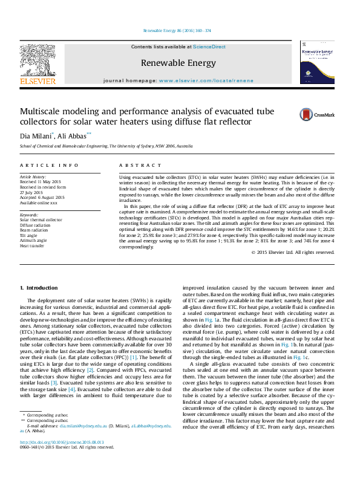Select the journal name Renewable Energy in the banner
178,63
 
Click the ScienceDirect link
209,47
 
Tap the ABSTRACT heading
133,165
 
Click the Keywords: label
30,215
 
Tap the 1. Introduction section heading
39,287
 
